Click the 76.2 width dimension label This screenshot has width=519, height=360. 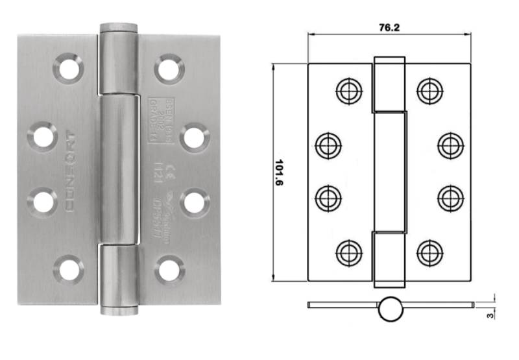coord(388,28)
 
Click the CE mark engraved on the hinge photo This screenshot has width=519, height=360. coord(171,173)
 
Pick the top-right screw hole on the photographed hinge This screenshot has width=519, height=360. coord(169,67)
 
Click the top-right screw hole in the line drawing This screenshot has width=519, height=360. coord(429,90)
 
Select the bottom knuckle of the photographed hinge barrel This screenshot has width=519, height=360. coord(119,279)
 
